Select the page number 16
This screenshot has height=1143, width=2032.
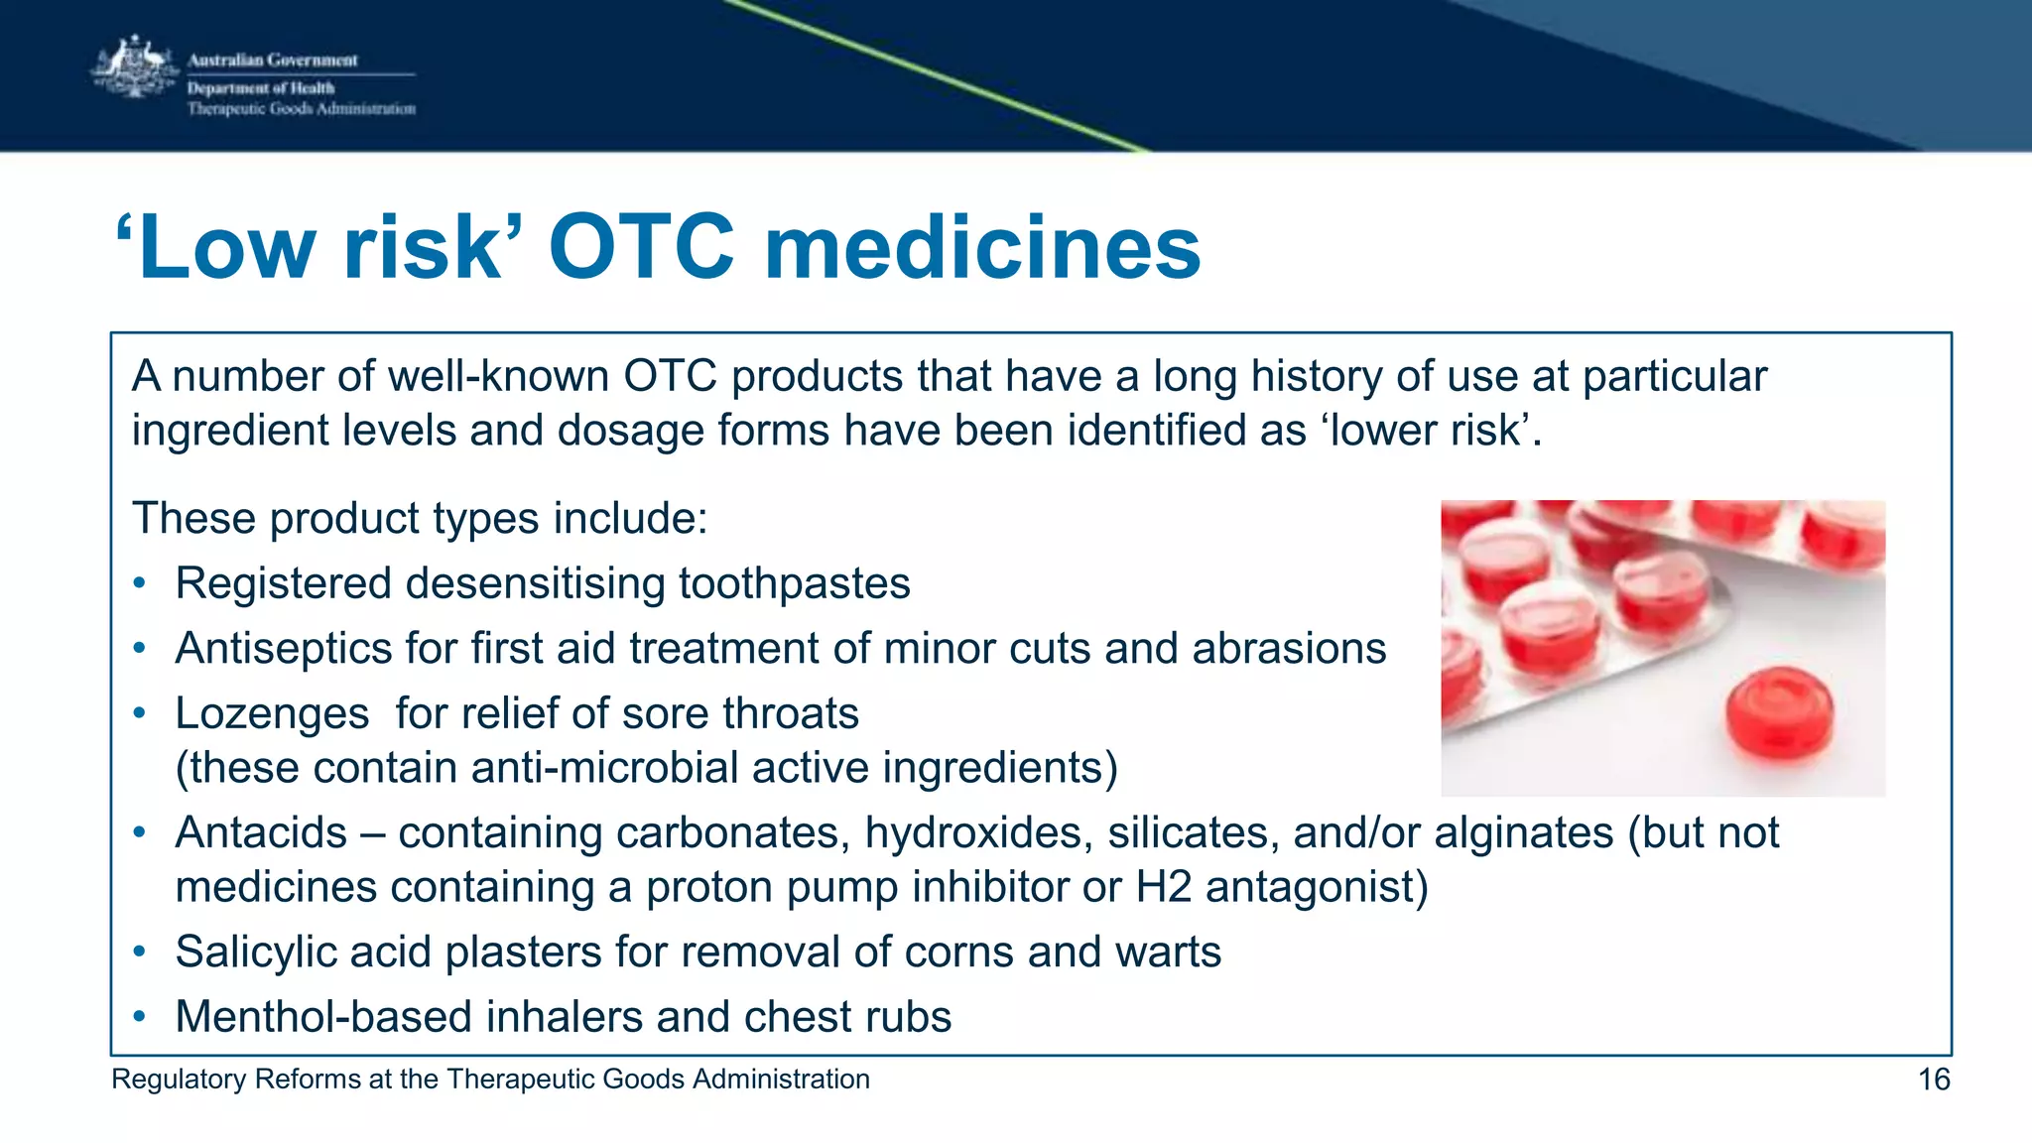pyautogui.click(x=1934, y=1079)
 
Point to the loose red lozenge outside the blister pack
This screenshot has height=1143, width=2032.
pyautogui.click(x=1779, y=714)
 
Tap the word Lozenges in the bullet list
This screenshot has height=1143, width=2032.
pyautogui.click(x=272, y=714)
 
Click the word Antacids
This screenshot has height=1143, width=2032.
pyautogui.click(x=261, y=833)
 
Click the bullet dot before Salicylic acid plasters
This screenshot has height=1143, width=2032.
pyautogui.click(x=141, y=952)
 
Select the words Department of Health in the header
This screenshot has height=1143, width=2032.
pyautogui.click(x=261, y=88)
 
